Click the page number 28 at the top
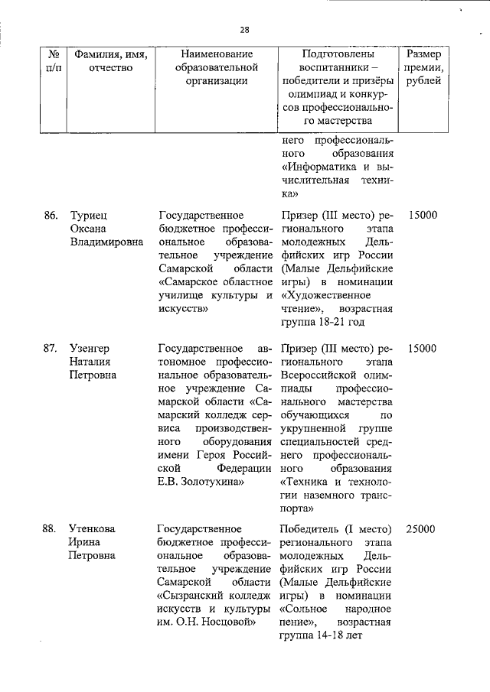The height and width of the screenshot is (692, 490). pyautogui.click(x=244, y=30)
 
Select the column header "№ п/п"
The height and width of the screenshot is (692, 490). pyautogui.click(x=54, y=61)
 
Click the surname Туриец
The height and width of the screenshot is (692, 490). pyautogui.click(x=90, y=216)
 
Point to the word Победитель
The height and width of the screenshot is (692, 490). pyautogui.click(x=313, y=529)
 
